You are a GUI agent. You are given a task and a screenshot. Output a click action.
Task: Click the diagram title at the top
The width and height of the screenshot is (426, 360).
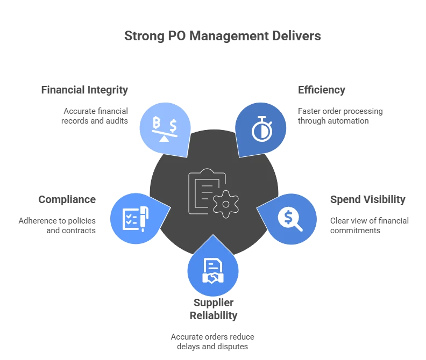pos(223,37)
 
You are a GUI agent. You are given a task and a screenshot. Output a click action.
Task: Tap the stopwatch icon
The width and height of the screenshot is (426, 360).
pos(261,128)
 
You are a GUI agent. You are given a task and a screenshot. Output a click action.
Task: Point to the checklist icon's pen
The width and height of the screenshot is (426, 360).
pos(144,215)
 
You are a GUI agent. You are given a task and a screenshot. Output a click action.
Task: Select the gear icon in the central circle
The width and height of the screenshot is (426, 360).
pos(226,204)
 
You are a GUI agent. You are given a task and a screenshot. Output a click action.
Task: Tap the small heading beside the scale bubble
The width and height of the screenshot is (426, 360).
pos(84,90)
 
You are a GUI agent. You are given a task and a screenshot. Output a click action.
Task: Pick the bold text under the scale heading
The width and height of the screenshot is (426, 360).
pos(95,115)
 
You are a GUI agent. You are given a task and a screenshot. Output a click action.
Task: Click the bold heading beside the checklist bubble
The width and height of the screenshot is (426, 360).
pos(67,200)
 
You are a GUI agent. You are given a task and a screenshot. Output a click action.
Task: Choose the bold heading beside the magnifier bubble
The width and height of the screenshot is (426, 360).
pos(368,199)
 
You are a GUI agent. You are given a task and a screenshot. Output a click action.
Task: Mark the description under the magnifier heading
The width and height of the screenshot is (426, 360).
pos(368,226)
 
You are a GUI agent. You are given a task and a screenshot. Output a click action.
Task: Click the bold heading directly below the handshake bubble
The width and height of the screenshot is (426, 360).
pos(213,309)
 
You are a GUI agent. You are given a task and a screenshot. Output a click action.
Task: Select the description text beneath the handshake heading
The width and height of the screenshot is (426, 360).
pos(213,342)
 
